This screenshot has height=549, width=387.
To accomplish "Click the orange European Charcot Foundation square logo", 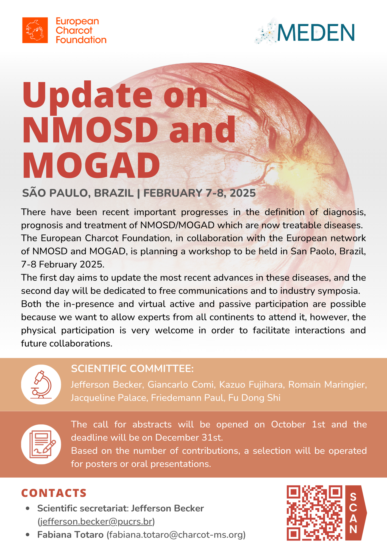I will click(x=35, y=30).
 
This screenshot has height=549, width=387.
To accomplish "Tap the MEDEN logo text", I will click(x=316, y=33).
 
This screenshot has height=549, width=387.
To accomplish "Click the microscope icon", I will click(x=41, y=384).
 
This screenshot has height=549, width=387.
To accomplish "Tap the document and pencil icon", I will click(x=41, y=444).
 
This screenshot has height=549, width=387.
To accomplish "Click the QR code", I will click(x=314, y=513).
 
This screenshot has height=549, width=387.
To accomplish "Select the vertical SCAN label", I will click(x=354, y=513).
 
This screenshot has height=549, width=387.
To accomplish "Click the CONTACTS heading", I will click(x=54, y=493).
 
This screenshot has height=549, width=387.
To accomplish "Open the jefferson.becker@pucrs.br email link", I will click(x=96, y=522).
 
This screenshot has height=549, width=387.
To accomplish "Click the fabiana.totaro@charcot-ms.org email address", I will click(x=176, y=535).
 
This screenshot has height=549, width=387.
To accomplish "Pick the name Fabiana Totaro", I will click(x=70, y=535).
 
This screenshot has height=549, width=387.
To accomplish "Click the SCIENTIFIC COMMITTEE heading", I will click(x=132, y=369).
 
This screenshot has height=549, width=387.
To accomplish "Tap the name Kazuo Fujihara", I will click(x=251, y=385).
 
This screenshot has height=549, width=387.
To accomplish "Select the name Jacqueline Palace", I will click(x=108, y=398).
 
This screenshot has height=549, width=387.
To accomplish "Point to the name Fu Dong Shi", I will click(x=254, y=398).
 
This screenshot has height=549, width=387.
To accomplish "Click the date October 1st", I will click(x=298, y=424).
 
